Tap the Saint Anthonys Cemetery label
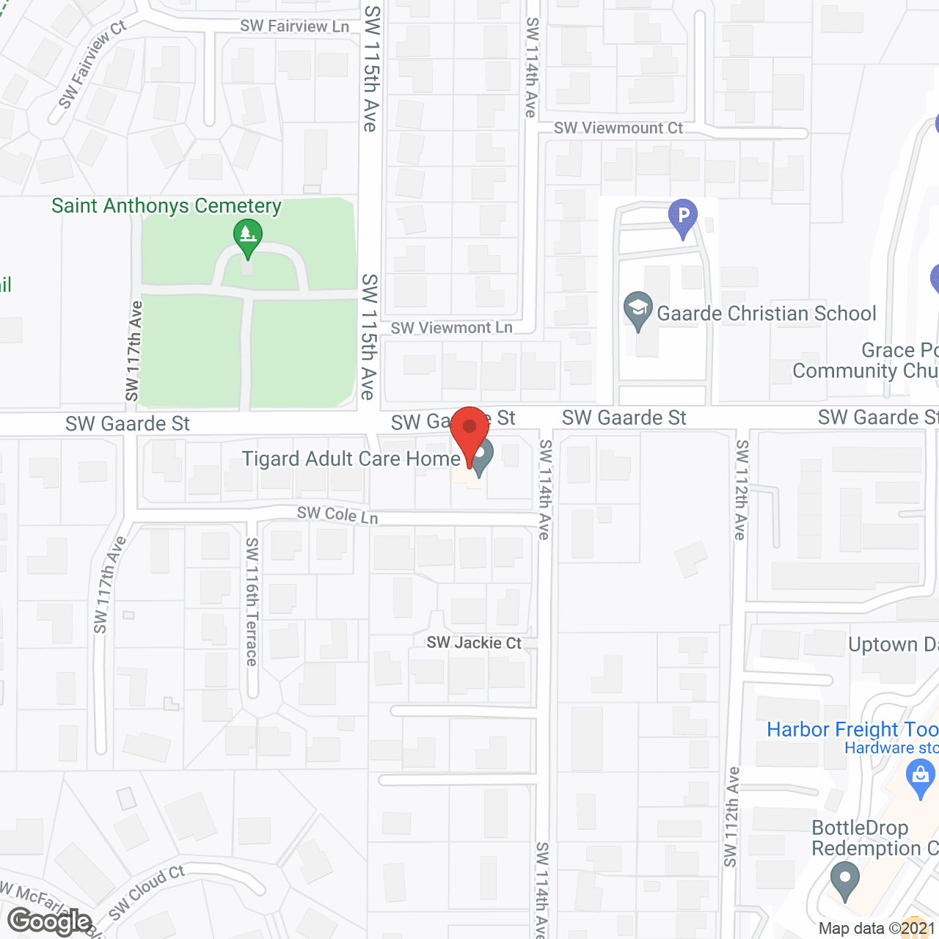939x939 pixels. [x=167, y=206]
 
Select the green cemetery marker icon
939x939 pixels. [x=248, y=237]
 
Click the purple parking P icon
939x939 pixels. [x=683, y=216]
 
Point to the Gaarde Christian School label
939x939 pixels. [x=766, y=314]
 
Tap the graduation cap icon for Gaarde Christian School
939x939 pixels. [x=637, y=309]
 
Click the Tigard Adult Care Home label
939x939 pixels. [x=351, y=459]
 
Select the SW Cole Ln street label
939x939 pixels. [x=337, y=515]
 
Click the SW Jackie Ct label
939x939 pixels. [x=474, y=643]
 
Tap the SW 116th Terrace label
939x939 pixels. [x=252, y=602]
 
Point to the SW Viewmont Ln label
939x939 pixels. [x=451, y=328]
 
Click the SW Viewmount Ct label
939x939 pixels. [x=618, y=128]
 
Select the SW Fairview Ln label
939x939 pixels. [x=294, y=26]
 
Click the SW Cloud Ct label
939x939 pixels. [x=147, y=891]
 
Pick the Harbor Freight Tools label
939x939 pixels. [x=852, y=729]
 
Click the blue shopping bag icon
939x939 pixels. [x=920, y=777]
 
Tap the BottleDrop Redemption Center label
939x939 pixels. [x=873, y=838]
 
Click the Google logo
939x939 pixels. [x=49, y=921]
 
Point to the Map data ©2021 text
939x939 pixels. [x=877, y=929]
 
